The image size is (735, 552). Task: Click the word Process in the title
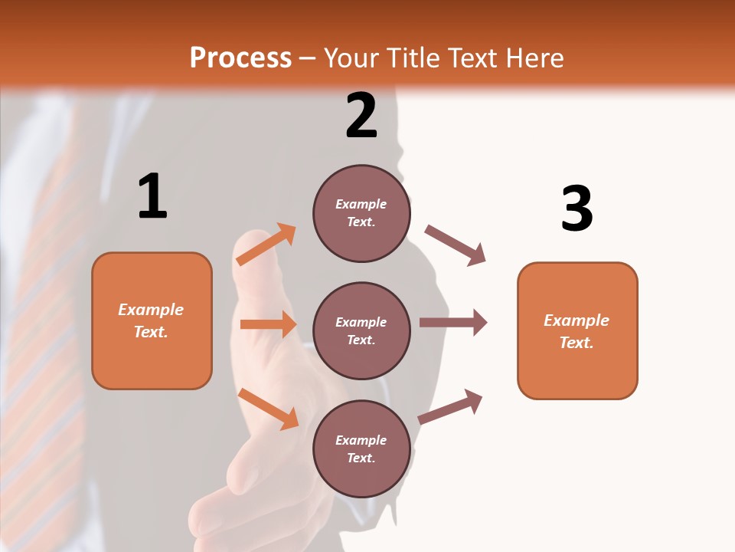coord(240,58)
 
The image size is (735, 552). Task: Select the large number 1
coord(152,197)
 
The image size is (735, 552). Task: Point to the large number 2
coord(361,116)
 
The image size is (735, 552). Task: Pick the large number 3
coord(577,209)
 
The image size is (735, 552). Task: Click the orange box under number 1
coord(152,320)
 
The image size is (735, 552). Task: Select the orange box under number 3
coord(577,330)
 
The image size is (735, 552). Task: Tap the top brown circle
coord(361,213)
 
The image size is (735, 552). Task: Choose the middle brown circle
coord(361,330)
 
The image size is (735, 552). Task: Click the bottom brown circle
coord(361,449)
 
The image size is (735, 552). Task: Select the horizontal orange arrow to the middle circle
coord(268,324)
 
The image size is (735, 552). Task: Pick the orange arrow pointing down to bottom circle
coord(268,409)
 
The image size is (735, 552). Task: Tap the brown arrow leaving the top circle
coord(456,245)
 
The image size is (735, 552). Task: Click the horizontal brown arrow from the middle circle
coord(453,323)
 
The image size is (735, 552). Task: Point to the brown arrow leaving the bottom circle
coord(451,406)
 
